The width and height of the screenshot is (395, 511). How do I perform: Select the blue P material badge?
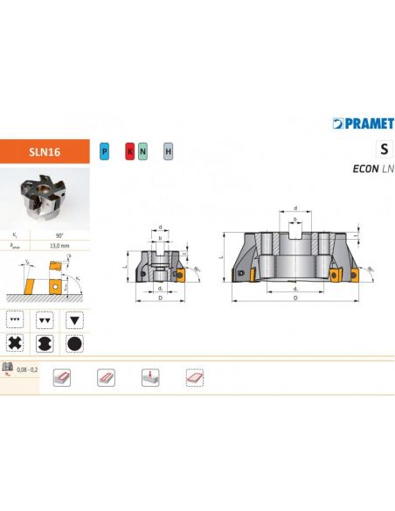(105, 151)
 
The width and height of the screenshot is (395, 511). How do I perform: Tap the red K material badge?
(129, 151)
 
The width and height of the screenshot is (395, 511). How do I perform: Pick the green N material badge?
(143, 151)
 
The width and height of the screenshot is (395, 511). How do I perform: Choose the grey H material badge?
(168, 151)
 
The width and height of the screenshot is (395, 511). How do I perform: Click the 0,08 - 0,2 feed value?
(28, 372)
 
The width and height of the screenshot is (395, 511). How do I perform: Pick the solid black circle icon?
(74, 343)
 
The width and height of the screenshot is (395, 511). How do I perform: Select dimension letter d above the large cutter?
(296, 208)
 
